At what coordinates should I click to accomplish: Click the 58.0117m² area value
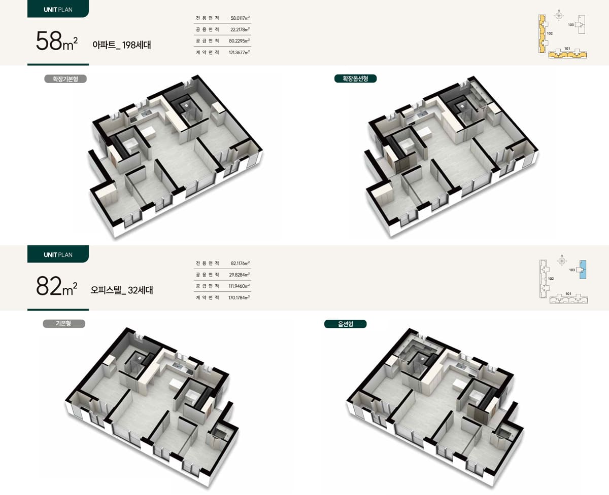point(240,18)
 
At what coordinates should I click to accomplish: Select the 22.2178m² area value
point(240,30)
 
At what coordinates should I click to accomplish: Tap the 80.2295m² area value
point(240,41)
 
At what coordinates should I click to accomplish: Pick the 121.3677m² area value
point(240,53)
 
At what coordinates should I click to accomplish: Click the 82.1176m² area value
point(240,263)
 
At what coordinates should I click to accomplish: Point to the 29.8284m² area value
point(240,275)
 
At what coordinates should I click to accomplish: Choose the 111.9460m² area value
point(240,286)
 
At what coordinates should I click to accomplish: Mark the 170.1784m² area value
point(239,297)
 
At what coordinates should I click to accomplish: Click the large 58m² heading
point(57,41)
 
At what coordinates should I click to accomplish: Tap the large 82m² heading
point(57,286)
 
